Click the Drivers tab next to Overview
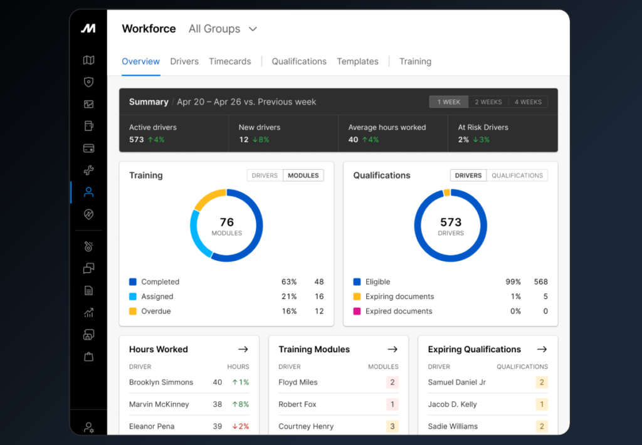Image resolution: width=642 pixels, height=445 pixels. (x=184, y=61)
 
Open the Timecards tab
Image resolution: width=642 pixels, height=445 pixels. (x=229, y=61)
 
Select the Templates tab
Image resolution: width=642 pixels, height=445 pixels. (x=357, y=61)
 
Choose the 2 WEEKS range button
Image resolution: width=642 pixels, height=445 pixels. (x=488, y=102)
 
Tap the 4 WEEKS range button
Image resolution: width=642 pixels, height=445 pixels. (x=528, y=102)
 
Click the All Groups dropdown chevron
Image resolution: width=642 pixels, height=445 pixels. (x=253, y=29)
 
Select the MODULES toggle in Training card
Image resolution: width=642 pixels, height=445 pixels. (x=303, y=175)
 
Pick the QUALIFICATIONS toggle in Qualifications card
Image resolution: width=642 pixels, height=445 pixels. (x=517, y=175)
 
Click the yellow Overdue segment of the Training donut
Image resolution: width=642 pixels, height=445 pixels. (x=208, y=197)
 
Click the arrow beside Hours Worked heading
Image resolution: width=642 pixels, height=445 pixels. (x=243, y=349)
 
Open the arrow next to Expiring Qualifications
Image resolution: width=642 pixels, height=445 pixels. (x=542, y=349)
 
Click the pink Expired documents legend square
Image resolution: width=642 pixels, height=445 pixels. (x=357, y=311)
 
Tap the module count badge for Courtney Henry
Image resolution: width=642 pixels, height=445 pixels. (x=392, y=426)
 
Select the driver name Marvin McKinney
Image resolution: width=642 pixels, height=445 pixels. (x=159, y=404)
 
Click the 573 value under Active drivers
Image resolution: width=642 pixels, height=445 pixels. (x=136, y=140)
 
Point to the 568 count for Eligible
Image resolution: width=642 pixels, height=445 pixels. (x=540, y=281)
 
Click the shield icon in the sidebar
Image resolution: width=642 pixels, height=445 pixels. (x=88, y=82)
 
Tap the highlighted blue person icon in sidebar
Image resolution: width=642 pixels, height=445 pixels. (x=88, y=192)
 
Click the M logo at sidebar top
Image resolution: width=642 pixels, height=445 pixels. (x=88, y=28)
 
